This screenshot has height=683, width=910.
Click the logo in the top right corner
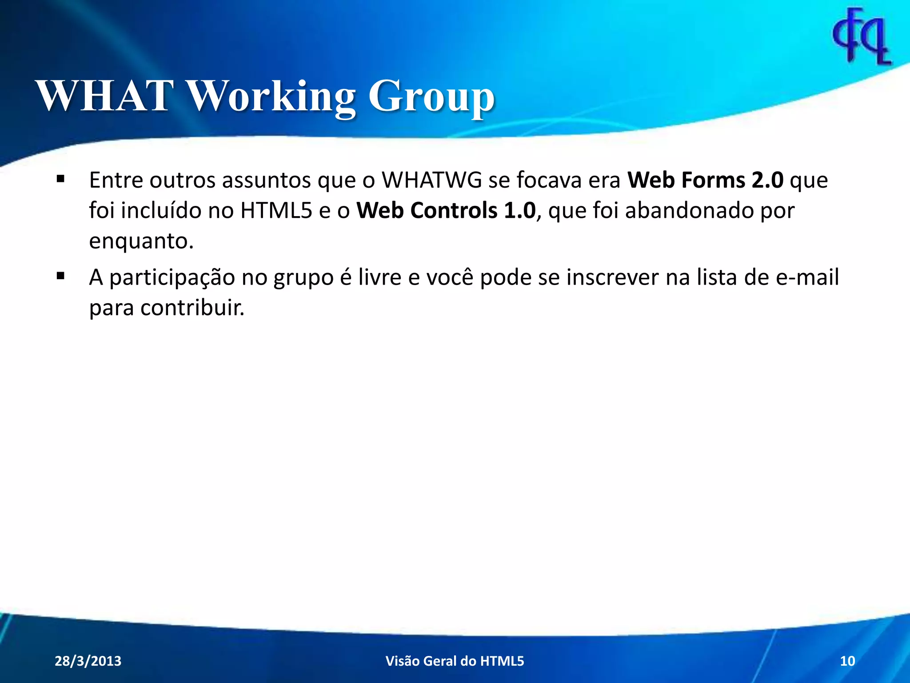[x=862, y=37]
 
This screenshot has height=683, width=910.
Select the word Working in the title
[x=271, y=96]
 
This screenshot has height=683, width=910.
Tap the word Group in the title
[x=431, y=96]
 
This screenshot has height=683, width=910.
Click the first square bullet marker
[x=61, y=180]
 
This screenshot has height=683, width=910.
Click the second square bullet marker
[x=61, y=277]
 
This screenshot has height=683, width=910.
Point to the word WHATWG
[x=432, y=180]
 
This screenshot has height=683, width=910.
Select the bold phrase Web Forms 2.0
[x=705, y=180]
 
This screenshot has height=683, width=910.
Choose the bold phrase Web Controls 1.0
[x=446, y=210]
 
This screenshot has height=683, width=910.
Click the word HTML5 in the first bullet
[x=276, y=210]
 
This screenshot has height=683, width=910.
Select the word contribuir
[x=192, y=307]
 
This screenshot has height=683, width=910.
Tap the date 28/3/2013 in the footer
[x=88, y=661]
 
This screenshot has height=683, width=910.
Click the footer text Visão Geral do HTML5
[x=455, y=661]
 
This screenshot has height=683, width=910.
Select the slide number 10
[x=847, y=661]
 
